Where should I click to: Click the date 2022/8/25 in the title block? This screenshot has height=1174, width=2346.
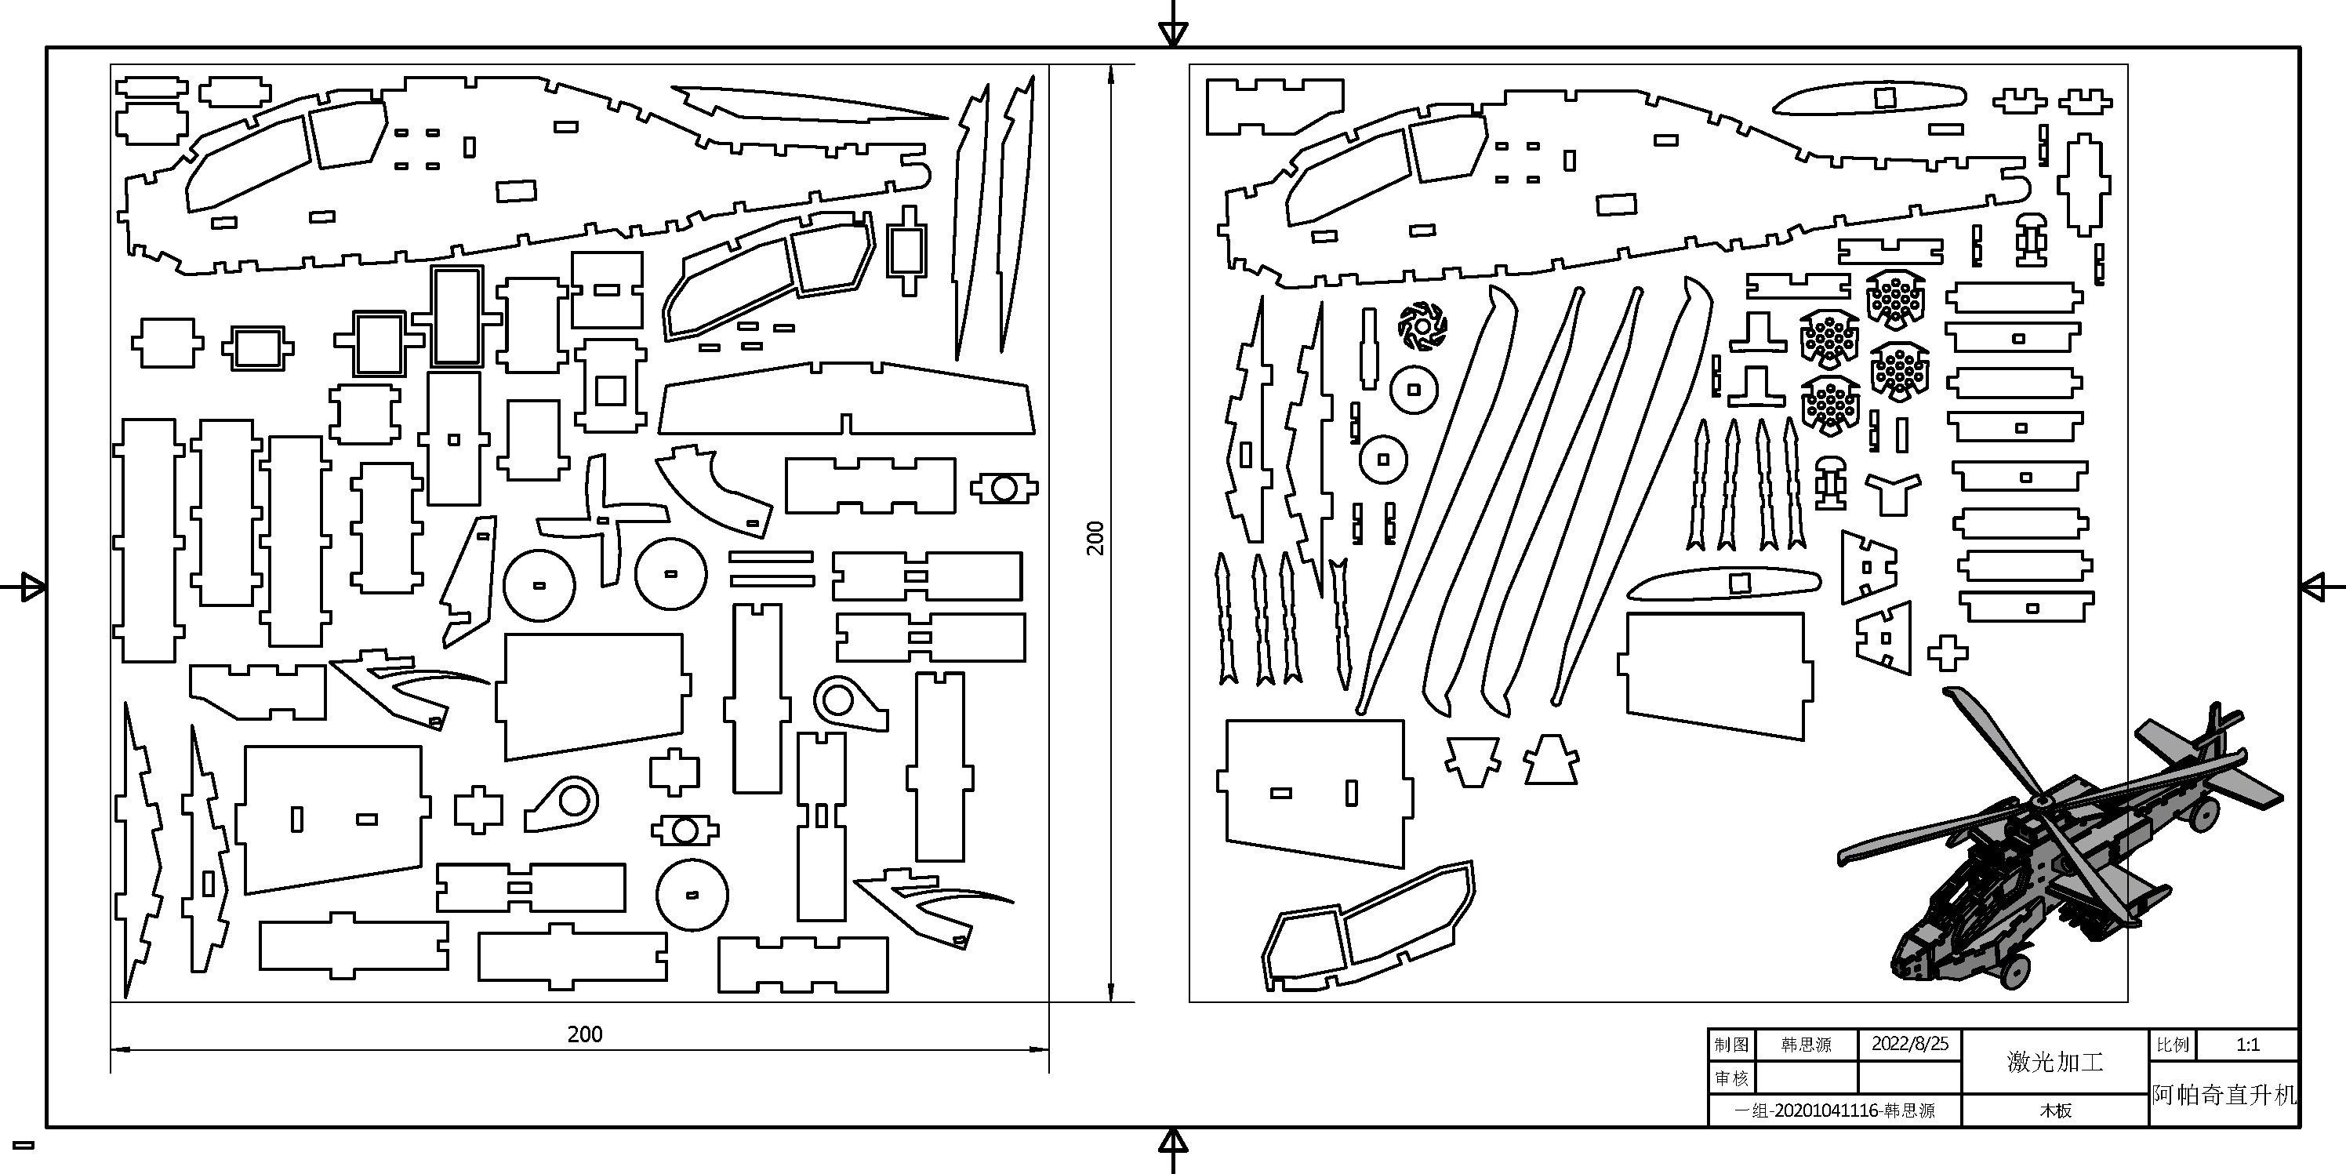pos(1910,1044)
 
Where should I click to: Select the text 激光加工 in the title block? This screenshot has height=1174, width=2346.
pos(2054,1062)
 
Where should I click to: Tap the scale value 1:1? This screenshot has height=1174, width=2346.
pos(2248,1045)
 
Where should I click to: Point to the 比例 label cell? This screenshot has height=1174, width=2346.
pos(2173,1045)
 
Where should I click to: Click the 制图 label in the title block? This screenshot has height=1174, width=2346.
pos(1731,1045)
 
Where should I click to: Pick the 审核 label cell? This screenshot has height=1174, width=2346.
pos(1731,1078)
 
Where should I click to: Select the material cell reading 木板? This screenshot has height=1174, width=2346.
pos(2055,1111)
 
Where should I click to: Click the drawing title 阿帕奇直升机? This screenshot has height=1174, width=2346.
pos(2224,1095)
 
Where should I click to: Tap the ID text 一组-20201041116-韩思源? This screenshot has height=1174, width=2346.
pos(1834,1111)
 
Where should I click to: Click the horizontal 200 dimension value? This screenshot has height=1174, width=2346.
pos(585,1034)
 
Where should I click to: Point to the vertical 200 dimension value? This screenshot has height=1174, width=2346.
pos(1095,537)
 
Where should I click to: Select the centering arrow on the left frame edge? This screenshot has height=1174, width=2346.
pos(29,587)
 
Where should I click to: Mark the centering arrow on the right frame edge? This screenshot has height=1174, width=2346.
pos(2316,587)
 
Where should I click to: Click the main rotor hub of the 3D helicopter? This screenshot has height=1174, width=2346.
pos(2042,801)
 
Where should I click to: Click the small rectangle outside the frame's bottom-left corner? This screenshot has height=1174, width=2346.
pos(24,1145)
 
